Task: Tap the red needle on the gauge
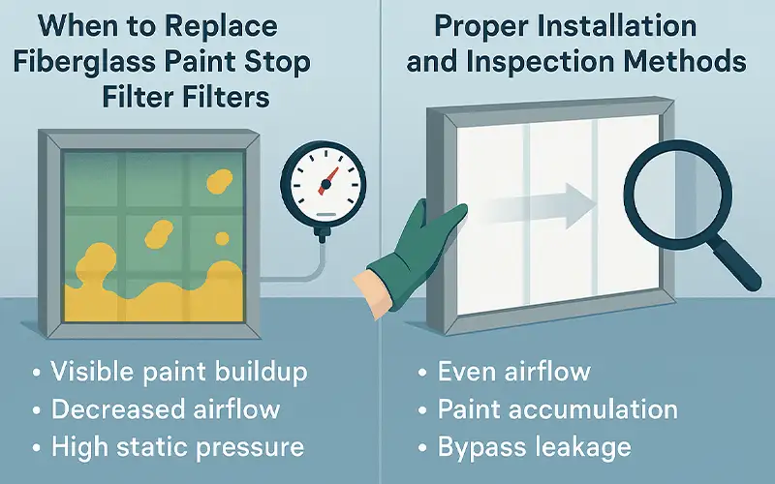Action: [x=328, y=176]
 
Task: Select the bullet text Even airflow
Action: [x=513, y=373]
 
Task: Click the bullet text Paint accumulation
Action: [x=557, y=409]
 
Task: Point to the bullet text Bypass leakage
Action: [x=534, y=447]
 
